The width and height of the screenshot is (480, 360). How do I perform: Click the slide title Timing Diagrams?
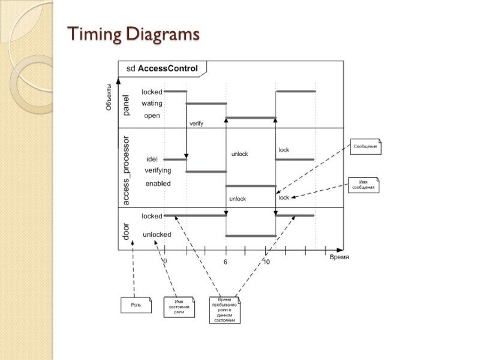(x=133, y=34)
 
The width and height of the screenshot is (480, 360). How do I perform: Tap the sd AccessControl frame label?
(x=161, y=68)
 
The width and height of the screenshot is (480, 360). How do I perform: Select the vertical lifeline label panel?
(x=126, y=105)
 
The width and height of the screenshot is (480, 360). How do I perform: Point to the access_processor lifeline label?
(x=126, y=171)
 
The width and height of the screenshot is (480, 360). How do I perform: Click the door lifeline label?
(x=126, y=231)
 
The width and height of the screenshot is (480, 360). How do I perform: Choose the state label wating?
(x=152, y=103)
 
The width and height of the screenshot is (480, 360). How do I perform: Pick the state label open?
(x=152, y=115)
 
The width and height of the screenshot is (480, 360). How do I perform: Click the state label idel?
(x=152, y=159)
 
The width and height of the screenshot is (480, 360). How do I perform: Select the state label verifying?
(x=157, y=171)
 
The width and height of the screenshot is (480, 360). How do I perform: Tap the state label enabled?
(x=158, y=184)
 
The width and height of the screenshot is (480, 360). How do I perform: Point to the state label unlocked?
(x=157, y=235)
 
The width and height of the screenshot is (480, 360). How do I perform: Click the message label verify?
(x=196, y=124)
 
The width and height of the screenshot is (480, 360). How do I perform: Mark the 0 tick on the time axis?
(x=165, y=262)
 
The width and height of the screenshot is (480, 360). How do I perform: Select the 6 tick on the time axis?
(x=226, y=262)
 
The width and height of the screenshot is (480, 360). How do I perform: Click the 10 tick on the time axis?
(x=266, y=262)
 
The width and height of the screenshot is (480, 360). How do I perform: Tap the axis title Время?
(x=339, y=257)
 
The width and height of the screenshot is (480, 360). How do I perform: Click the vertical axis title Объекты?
(x=109, y=97)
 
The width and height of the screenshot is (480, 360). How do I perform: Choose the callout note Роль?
(x=136, y=305)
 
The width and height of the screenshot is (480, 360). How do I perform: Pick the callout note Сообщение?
(x=366, y=146)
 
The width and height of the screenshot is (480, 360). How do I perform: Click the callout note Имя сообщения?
(x=363, y=185)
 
